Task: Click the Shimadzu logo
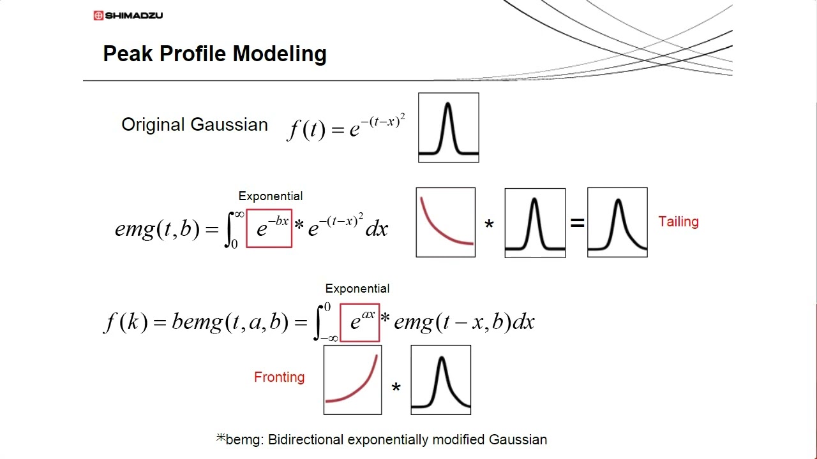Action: (x=128, y=15)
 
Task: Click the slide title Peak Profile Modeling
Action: (x=214, y=54)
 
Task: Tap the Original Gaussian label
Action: (x=195, y=124)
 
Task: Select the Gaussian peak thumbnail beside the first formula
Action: (x=448, y=127)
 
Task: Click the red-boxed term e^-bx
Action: (x=269, y=228)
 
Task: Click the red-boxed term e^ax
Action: (x=360, y=322)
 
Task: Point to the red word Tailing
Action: (x=678, y=222)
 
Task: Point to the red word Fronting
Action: (x=279, y=377)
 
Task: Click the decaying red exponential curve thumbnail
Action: (x=446, y=222)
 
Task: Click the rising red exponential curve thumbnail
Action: (x=352, y=380)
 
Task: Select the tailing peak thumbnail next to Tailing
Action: (x=617, y=222)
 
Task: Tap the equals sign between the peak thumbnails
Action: (x=577, y=223)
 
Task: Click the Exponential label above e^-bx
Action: (x=271, y=196)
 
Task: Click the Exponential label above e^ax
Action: (x=357, y=289)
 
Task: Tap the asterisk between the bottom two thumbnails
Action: (x=396, y=388)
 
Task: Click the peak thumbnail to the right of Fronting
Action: (x=440, y=380)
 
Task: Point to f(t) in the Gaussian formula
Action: (x=307, y=129)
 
